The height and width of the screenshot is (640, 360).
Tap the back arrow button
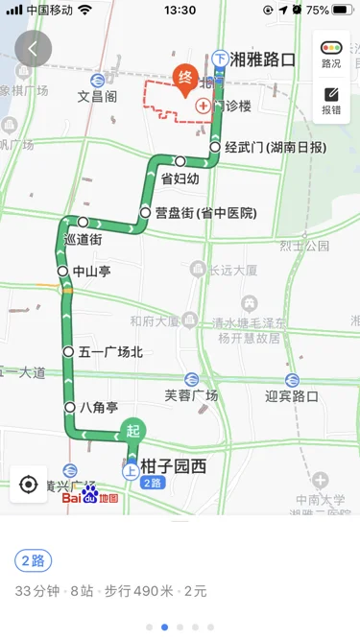(x=33, y=48)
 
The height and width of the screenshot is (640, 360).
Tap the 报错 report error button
(x=331, y=101)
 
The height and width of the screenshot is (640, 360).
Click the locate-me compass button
(x=28, y=484)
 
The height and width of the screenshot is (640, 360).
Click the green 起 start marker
(x=132, y=432)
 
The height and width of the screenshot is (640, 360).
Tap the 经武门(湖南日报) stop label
(x=275, y=148)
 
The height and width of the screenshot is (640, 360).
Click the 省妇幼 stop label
(x=180, y=178)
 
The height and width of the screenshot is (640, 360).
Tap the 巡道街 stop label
(x=81, y=240)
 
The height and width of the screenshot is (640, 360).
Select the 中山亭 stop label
(x=91, y=272)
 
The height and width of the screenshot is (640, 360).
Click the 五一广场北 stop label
(x=109, y=352)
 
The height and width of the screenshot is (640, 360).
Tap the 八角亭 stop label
(x=99, y=408)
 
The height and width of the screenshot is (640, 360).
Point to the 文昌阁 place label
(x=98, y=96)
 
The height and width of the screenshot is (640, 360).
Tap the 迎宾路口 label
(x=292, y=394)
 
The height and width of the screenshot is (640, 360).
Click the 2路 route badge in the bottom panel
(x=34, y=561)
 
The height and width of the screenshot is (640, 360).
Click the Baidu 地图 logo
(x=90, y=498)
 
